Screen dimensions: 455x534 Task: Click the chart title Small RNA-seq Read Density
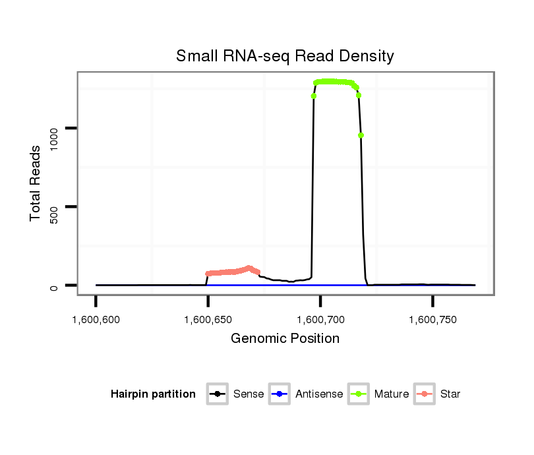(x=285, y=57)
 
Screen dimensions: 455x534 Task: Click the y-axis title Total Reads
(x=36, y=183)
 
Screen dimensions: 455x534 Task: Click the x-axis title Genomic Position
(x=285, y=339)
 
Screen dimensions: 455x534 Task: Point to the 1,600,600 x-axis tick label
(x=96, y=320)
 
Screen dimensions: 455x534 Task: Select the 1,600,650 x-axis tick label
(x=208, y=320)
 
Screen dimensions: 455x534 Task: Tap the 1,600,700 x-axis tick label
(x=320, y=320)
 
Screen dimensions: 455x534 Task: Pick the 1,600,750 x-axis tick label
(x=432, y=320)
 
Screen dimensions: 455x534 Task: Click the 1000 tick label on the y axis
(x=54, y=129)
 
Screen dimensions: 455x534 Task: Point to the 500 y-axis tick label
(x=54, y=207)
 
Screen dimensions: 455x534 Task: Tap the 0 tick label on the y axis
(x=54, y=286)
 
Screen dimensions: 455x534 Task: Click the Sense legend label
(x=249, y=394)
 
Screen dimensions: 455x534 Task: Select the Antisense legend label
(x=319, y=394)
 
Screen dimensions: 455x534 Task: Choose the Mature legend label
(x=392, y=394)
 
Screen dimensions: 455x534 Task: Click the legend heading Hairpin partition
(x=153, y=394)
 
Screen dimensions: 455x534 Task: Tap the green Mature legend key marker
(x=360, y=394)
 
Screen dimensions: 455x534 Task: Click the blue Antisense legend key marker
(x=281, y=394)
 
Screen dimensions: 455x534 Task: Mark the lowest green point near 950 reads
(x=361, y=135)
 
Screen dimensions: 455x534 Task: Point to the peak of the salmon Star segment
(x=249, y=268)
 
